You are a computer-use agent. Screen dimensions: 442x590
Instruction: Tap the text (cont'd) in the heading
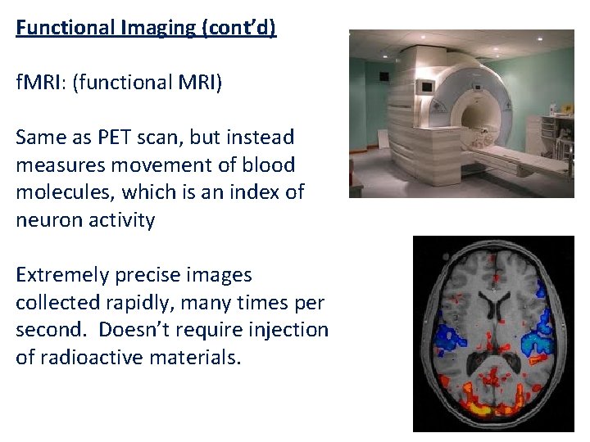click(x=238, y=28)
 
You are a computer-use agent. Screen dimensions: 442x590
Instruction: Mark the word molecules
click(x=58, y=192)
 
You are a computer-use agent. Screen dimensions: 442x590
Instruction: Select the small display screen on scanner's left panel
click(x=425, y=86)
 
